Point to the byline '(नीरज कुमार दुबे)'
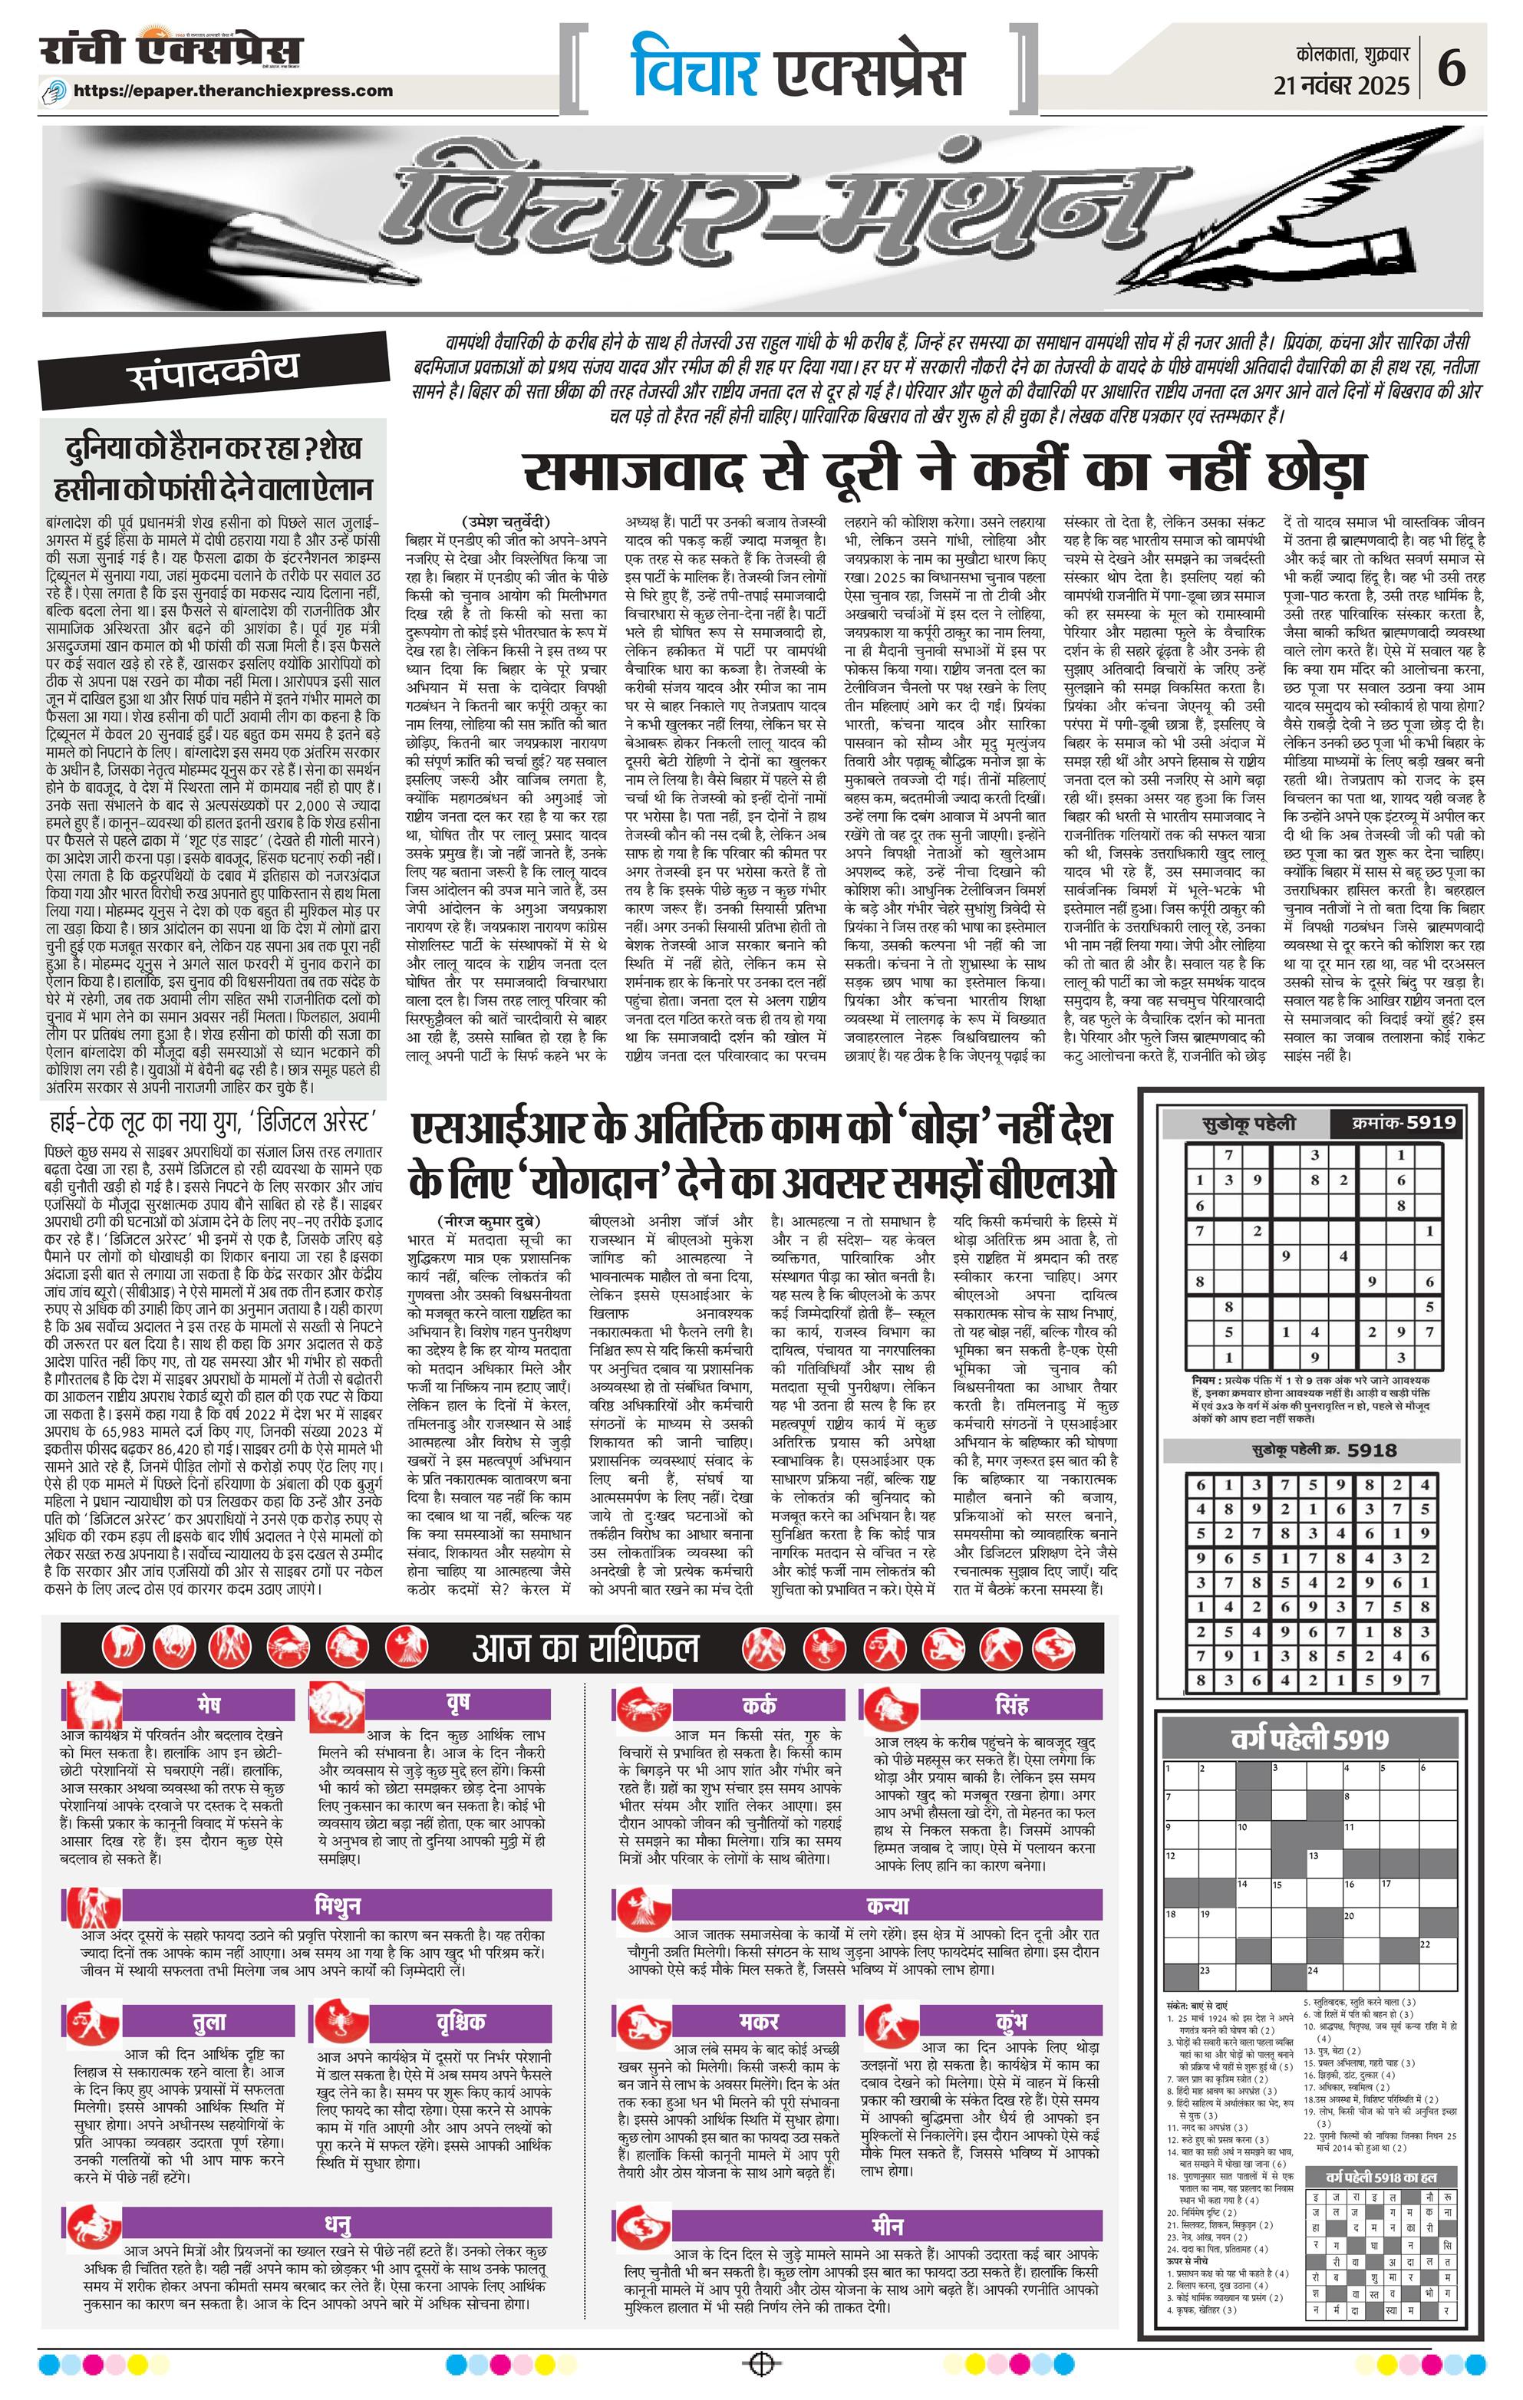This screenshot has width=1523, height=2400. (x=486, y=1222)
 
